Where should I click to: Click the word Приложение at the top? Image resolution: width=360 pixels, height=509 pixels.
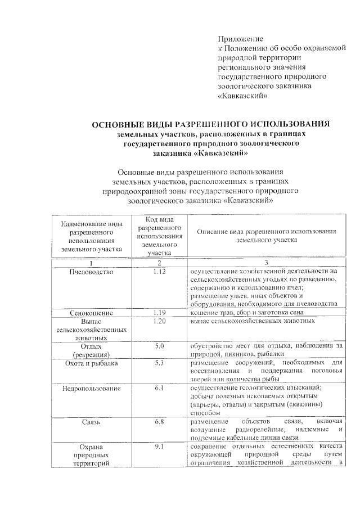[241, 39]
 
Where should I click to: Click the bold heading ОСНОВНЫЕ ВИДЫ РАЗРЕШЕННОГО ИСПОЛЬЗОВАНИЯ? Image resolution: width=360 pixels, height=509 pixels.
[210, 124]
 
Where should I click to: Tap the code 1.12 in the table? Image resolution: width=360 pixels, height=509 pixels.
[159, 272]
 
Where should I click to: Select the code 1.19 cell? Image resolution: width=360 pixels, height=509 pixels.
[159, 312]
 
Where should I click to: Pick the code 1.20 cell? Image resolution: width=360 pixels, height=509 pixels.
[159, 321]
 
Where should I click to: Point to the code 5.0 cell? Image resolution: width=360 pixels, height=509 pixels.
[159, 346]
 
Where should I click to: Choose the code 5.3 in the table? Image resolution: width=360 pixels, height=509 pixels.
[159, 363]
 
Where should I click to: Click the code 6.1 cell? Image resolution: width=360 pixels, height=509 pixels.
[159, 388]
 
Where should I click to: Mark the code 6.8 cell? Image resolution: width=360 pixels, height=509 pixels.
[159, 421]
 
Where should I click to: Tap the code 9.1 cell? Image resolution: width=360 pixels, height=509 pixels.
[159, 447]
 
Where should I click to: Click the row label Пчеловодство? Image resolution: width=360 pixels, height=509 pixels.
[92, 272]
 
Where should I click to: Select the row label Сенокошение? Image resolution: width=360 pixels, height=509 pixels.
[92, 313]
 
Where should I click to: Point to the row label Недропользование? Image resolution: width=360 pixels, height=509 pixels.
[92, 388]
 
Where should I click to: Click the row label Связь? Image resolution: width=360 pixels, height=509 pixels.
[92, 421]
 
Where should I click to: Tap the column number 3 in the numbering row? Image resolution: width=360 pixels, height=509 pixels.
[266, 263]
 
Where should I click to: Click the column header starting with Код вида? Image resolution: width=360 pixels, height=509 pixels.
[159, 236]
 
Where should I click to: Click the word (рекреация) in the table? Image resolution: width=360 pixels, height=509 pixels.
[92, 354]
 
